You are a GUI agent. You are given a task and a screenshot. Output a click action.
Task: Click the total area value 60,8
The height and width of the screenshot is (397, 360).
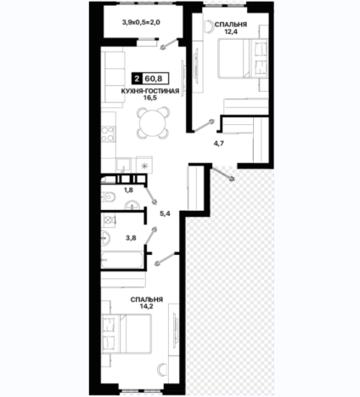pyautogui.click(x=154, y=78)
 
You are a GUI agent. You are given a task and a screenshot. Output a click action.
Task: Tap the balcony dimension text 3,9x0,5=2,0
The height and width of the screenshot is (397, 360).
pyautogui.click(x=141, y=22)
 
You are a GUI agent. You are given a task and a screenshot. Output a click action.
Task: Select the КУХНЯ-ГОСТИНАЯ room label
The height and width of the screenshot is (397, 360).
pyautogui.click(x=150, y=91)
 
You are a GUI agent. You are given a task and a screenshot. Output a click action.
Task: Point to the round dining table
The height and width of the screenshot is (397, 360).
pyautogui.click(x=153, y=122)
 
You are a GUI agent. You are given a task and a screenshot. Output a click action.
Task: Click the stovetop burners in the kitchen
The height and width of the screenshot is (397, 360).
pyautogui.click(x=108, y=134)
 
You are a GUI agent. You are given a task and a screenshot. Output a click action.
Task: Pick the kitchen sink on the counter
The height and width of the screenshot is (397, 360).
pyautogui.click(x=123, y=164)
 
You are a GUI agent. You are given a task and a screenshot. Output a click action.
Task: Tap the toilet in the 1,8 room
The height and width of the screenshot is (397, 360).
pyautogui.click(x=108, y=196)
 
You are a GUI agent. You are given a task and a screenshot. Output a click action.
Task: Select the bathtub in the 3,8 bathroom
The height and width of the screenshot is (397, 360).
pyautogui.click(x=122, y=259)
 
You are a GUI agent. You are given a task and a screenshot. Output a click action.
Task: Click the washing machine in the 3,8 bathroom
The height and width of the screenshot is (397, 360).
pyautogui.click(x=109, y=220)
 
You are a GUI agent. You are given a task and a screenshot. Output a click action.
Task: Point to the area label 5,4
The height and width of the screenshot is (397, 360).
pyautogui.click(x=165, y=213)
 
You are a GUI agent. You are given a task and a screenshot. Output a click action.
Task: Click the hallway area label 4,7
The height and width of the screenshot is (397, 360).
pyautogui.click(x=219, y=144)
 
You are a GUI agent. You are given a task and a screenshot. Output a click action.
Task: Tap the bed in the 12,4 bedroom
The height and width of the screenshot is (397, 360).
pyautogui.click(x=243, y=59)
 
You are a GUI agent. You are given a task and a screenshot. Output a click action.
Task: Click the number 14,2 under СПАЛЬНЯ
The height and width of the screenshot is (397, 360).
pyautogui.click(x=146, y=306)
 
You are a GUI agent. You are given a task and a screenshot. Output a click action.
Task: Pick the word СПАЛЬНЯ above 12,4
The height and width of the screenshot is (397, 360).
pyautogui.click(x=231, y=25)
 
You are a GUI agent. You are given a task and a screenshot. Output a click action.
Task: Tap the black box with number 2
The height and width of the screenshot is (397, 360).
pyautogui.click(x=138, y=78)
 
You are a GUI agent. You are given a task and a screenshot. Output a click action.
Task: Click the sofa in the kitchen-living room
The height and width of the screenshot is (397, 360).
pyautogui.click(x=113, y=77)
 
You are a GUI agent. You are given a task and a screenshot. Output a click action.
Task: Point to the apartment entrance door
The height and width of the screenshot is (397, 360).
pyautogui.click(x=222, y=173)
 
